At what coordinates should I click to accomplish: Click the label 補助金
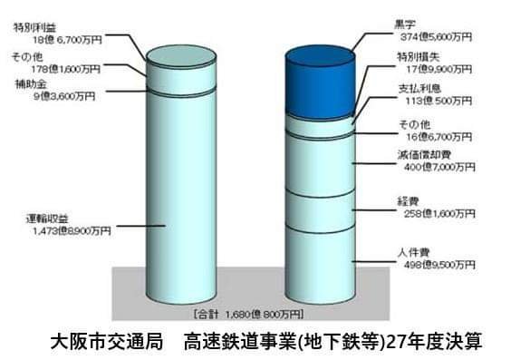[26, 83]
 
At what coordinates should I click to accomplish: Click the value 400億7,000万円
[436, 167]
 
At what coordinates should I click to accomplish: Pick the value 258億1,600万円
[436, 214]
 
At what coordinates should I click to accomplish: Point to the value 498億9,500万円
[436, 265]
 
